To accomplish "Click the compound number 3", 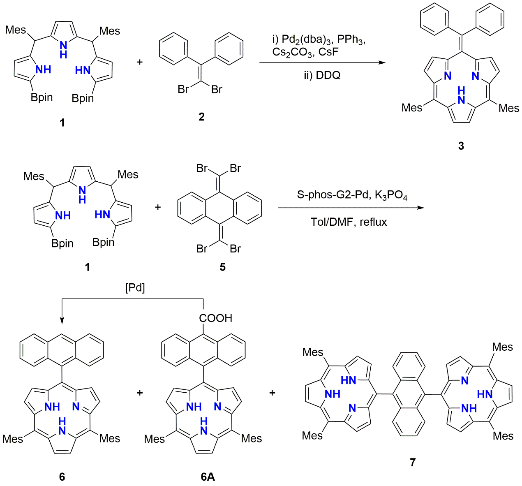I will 461,146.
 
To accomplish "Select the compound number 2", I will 201,117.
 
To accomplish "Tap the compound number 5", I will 222,267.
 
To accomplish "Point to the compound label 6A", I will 208,477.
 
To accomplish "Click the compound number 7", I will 413,463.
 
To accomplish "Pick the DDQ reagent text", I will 322,75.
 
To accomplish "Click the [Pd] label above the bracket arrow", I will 135,288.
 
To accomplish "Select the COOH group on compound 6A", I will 215,318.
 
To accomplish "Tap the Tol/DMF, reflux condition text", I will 349,222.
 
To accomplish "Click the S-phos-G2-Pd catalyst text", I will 332,194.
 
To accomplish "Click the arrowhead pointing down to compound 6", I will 62,321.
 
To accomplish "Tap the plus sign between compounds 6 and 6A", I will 140,393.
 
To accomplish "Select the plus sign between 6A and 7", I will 272,393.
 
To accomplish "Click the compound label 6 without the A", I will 62,477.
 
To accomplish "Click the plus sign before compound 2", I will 140,62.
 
